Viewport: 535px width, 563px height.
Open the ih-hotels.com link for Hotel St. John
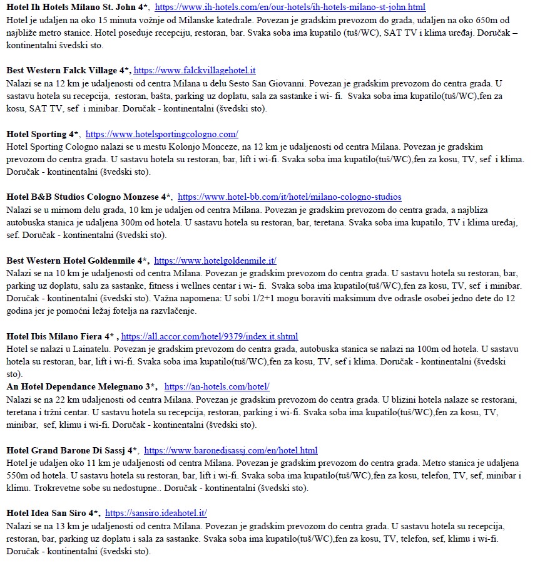tap(290, 8)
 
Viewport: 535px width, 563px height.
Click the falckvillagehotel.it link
tap(195, 71)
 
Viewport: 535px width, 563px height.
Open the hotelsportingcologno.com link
tap(161, 134)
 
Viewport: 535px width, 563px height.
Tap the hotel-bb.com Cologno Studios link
tap(289, 197)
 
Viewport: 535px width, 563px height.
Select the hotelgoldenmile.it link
tap(215, 261)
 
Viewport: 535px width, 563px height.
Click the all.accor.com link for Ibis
tap(210, 336)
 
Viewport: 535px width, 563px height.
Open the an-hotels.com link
tap(217, 386)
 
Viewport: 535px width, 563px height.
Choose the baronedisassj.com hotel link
tap(230, 450)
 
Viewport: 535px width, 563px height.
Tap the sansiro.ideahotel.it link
tap(156, 513)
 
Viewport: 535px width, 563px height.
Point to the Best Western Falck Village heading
tap(68, 71)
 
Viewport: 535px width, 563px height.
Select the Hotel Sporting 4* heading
tap(43, 134)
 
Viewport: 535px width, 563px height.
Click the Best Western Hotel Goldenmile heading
tap(77, 261)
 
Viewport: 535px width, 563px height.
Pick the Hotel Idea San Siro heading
tap(53, 513)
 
